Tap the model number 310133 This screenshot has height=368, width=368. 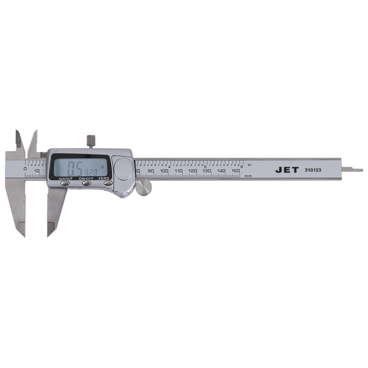[316, 171]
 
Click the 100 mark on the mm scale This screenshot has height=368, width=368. [164, 172]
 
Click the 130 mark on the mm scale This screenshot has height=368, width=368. [206, 172]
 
